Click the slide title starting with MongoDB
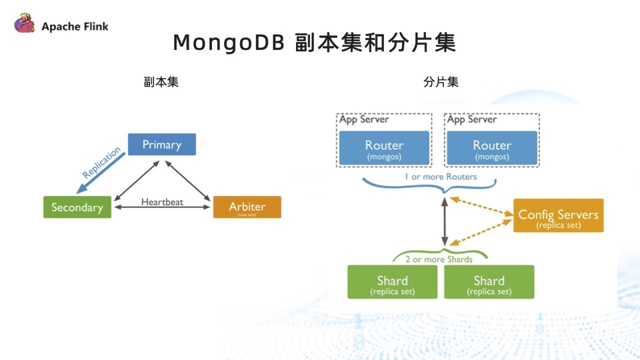[x=314, y=42]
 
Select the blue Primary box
[x=161, y=145]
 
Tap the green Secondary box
[x=77, y=207]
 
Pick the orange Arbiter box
[x=247, y=207]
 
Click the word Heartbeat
[x=162, y=201]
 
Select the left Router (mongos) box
[x=384, y=148]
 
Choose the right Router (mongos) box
[x=492, y=148]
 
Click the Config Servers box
[x=558, y=216]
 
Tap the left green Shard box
[x=392, y=282]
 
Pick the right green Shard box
[x=489, y=282]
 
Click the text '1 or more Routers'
[x=440, y=177]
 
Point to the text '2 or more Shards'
[x=439, y=259]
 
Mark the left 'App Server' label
[x=364, y=119]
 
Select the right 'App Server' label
[x=472, y=119]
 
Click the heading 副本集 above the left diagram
[x=161, y=83]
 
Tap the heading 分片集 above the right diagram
[x=441, y=83]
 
